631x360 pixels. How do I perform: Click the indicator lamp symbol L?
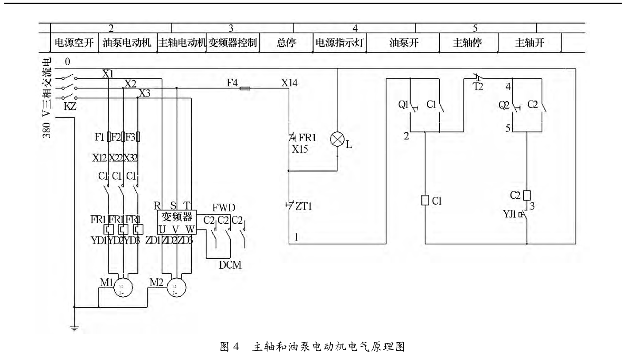pyautogui.click(x=337, y=140)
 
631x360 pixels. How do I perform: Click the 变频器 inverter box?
pyautogui.click(x=177, y=221)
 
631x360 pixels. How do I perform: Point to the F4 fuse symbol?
pyautogui.click(x=244, y=89)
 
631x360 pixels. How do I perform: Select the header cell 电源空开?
pyautogui.click(x=74, y=43)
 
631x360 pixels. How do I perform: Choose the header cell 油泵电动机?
pyautogui.click(x=127, y=43)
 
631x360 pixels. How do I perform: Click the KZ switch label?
pyautogui.click(x=70, y=106)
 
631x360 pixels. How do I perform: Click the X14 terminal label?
pyautogui.click(x=290, y=82)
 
